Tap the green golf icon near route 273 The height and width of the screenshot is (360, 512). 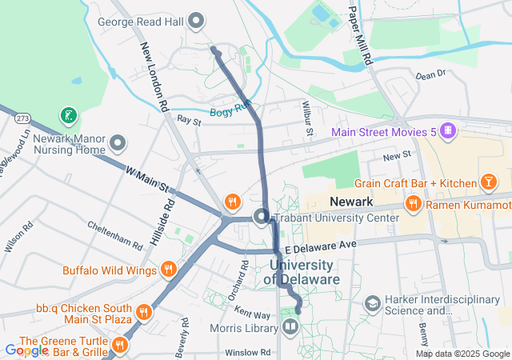70,117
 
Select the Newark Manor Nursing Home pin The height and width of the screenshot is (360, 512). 118,144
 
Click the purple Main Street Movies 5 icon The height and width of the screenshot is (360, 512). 448,130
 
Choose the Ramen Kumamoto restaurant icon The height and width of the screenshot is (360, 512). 414,204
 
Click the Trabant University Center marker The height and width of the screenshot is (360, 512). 261,217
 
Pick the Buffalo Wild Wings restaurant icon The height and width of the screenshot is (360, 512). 168,270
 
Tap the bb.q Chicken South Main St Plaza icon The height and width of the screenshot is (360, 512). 144,311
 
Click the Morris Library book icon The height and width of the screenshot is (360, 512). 289,326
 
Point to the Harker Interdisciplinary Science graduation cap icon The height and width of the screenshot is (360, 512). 372,304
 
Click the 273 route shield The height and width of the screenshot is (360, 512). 22,118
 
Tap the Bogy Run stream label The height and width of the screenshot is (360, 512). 231,112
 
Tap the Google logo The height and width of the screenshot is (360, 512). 26,350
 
